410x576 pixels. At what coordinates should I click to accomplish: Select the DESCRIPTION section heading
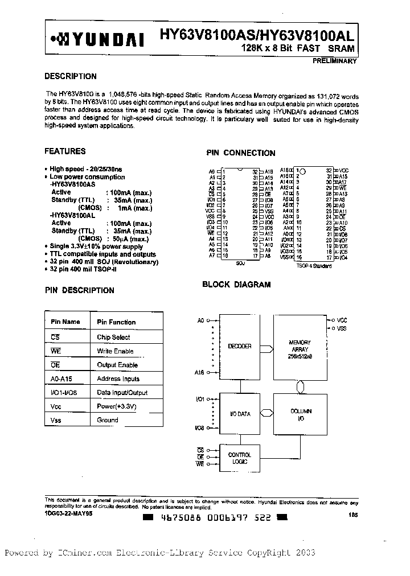(x=71, y=76)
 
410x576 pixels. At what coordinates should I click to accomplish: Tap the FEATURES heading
(x=65, y=151)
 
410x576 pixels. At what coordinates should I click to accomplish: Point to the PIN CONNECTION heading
(x=240, y=153)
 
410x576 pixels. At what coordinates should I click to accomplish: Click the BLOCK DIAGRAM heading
(x=237, y=284)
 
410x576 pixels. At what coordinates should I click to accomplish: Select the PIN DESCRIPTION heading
(x=79, y=290)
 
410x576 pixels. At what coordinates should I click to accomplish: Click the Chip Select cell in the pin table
(x=113, y=337)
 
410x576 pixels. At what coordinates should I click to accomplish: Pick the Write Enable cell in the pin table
(x=115, y=351)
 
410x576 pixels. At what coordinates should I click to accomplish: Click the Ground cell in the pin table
(x=108, y=420)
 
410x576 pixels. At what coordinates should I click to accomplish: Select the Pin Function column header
(x=116, y=322)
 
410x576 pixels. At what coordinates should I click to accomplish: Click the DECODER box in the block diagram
(x=240, y=346)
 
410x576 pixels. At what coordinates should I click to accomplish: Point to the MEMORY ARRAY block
(x=300, y=347)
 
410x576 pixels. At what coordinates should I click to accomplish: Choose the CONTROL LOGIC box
(x=239, y=458)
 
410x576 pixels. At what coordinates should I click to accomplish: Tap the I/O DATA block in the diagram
(x=240, y=414)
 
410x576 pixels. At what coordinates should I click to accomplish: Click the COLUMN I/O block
(x=300, y=414)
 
